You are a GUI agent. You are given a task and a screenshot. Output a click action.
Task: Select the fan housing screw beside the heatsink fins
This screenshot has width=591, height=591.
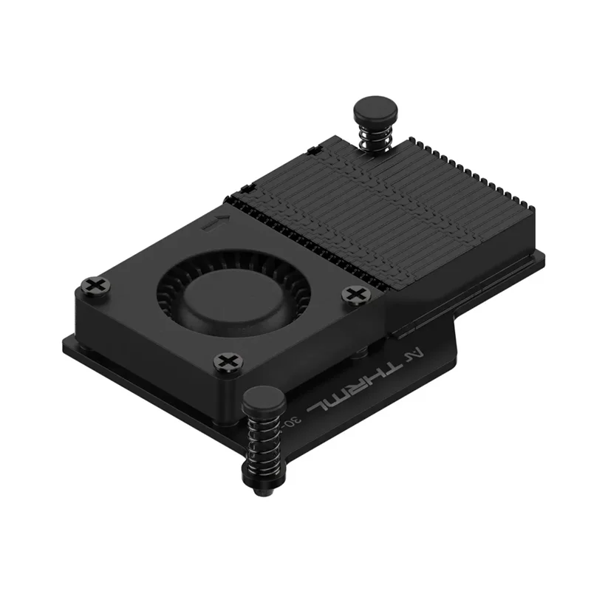[x=354, y=294]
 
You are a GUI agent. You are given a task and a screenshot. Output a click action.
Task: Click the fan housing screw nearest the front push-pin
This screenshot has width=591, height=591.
[x=226, y=362]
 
